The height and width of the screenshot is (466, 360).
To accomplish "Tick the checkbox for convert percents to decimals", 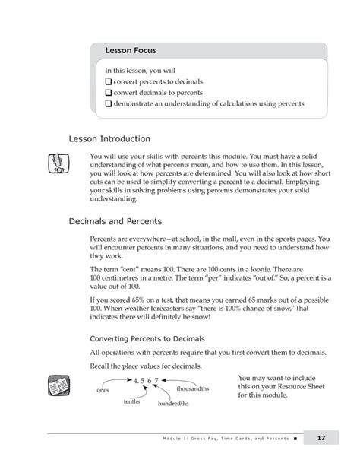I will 109,81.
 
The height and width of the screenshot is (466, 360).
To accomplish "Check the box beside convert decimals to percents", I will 109,92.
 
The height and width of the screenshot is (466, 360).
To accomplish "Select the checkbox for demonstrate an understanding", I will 109,103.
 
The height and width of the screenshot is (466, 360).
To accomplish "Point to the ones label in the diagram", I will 104,390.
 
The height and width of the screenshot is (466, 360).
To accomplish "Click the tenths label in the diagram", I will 132,401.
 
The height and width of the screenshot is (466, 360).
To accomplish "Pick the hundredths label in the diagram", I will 173,404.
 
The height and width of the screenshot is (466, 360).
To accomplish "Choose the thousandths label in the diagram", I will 193,388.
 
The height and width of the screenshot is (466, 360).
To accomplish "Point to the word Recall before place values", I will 102,366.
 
